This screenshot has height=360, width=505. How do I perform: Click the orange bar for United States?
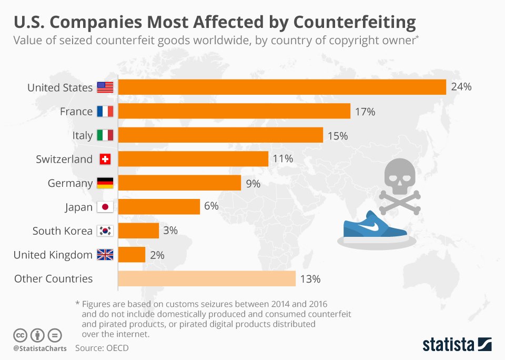pyautogui.click(x=282, y=87)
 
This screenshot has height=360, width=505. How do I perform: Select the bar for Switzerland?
pyautogui.click(x=193, y=159)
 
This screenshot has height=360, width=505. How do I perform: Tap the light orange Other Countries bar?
pyautogui.click(x=207, y=279)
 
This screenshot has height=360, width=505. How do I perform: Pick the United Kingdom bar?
pyautogui.click(x=132, y=255)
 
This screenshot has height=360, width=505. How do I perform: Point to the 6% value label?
pyautogui.click(x=211, y=206)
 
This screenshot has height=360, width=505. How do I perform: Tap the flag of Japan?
pyautogui.click(x=105, y=207)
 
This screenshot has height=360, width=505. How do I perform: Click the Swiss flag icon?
pyautogui.click(x=105, y=159)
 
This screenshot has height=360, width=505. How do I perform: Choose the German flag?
pyautogui.click(x=105, y=183)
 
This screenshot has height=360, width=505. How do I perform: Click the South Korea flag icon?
pyautogui.click(x=105, y=231)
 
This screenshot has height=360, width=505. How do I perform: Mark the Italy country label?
pyautogui.click(x=82, y=135)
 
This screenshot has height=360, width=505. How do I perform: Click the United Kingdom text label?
pyautogui.click(x=53, y=255)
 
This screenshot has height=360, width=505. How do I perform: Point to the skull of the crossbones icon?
pyautogui.click(x=398, y=176)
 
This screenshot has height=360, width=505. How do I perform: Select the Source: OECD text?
pyautogui.click(x=102, y=348)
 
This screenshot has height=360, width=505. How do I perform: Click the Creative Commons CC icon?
pyautogui.click(x=20, y=335)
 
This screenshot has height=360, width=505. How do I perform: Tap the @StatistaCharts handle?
pyautogui.click(x=40, y=348)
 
